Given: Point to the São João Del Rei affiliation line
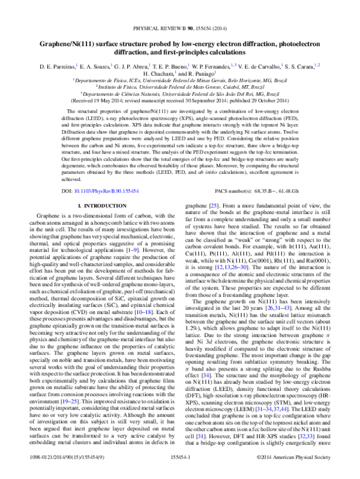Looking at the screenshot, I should (180, 94).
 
